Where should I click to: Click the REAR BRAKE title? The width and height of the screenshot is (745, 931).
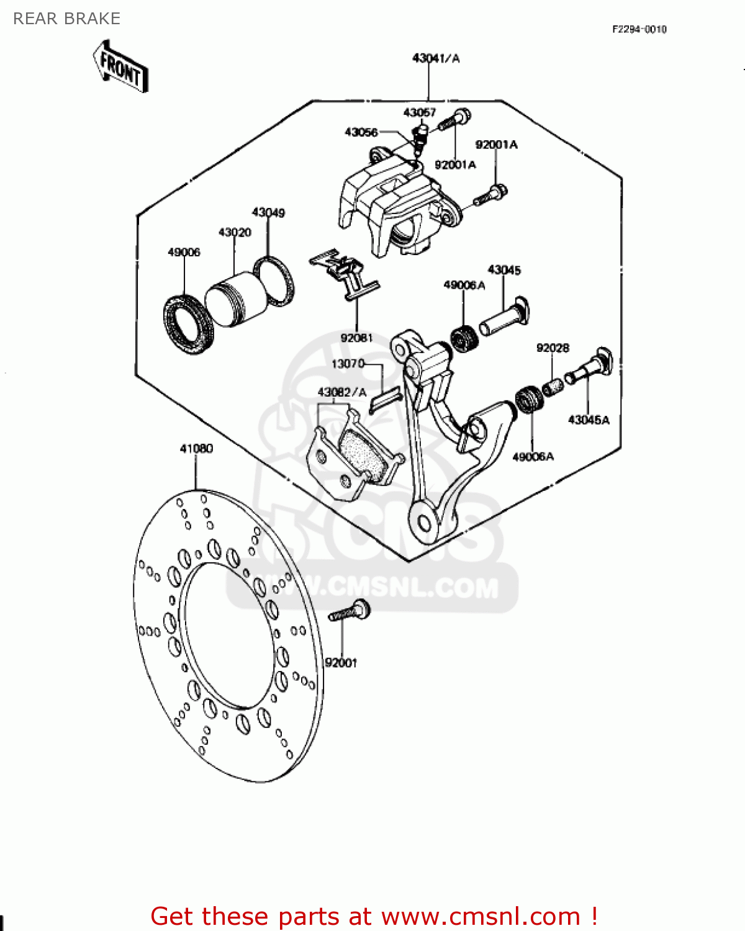pyautogui.click(x=66, y=19)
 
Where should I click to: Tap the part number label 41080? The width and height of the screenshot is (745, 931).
pyautogui.click(x=196, y=448)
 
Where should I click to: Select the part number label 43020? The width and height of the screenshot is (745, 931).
pyautogui.click(x=235, y=232)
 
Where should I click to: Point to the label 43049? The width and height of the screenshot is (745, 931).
pyautogui.click(x=268, y=212)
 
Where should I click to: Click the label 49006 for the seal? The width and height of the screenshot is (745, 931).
pyautogui.click(x=184, y=252)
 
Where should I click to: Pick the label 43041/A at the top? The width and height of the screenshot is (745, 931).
pyautogui.click(x=436, y=58)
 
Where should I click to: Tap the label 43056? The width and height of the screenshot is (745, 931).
pyautogui.click(x=361, y=132)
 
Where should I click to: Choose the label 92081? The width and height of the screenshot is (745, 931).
pyautogui.click(x=357, y=338)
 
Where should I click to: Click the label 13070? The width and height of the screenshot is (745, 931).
pyautogui.click(x=348, y=364)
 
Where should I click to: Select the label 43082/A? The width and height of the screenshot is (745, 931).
pyautogui.click(x=342, y=392)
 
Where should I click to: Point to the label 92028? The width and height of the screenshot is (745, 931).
pyautogui.click(x=553, y=348)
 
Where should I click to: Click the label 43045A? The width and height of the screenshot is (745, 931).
pyautogui.click(x=589, y=420)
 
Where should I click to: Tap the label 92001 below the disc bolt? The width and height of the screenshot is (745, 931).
pyautogui.click(x=341, y=663)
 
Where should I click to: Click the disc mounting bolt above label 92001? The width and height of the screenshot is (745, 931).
pyautogui.click(x=350, y=611)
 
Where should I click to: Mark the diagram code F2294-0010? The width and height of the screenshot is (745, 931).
pyautogui.click(x=639, y=29)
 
